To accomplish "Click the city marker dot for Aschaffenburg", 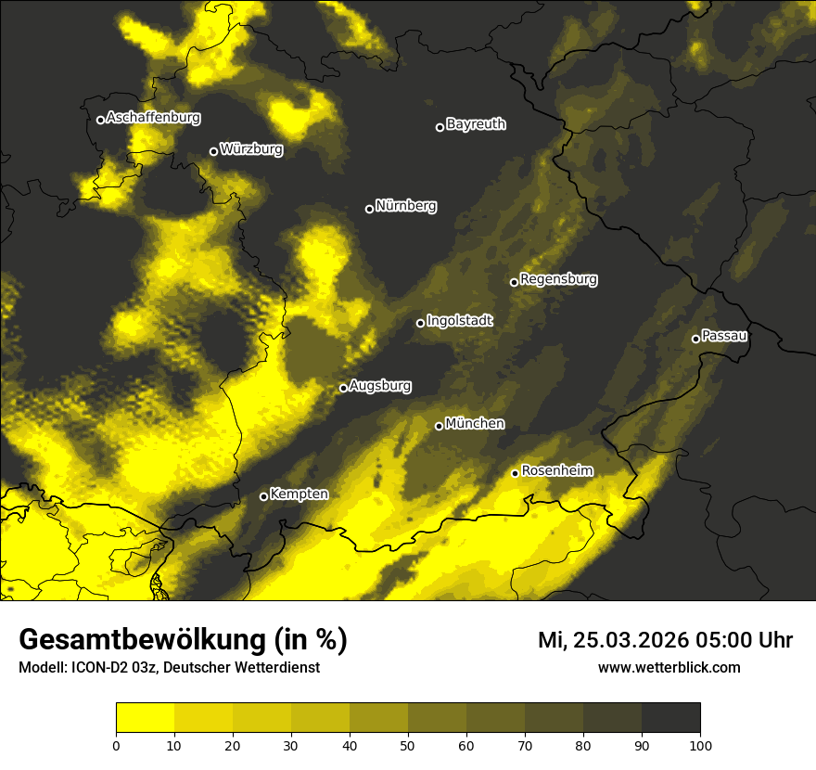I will coord(100,120).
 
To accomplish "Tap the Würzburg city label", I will coord(251,149).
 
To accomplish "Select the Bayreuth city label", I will coord(476,124).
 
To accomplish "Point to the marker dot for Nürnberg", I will coord(369,209).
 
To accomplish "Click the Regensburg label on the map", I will coord(558,279).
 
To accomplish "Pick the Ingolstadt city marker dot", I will coord(420,323).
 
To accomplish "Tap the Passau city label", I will coord(724,336).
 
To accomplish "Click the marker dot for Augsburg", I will coord(343,388).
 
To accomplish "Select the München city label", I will coord(475,424).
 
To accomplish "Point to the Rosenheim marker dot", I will coord(515,474).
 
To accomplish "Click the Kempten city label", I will coord(299,494).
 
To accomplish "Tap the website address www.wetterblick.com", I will coord(669,667).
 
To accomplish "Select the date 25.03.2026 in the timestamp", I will coord(631,640).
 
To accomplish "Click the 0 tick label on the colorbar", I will coord(116,744).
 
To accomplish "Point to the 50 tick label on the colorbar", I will coord(408,744).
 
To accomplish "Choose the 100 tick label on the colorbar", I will coord(700,744).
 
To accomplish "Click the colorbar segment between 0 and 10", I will coord(145,718).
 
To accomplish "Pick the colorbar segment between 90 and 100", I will coord(670,718).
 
